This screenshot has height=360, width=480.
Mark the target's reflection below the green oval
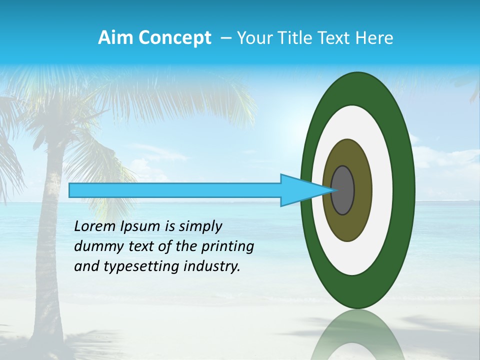pos(357,335)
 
